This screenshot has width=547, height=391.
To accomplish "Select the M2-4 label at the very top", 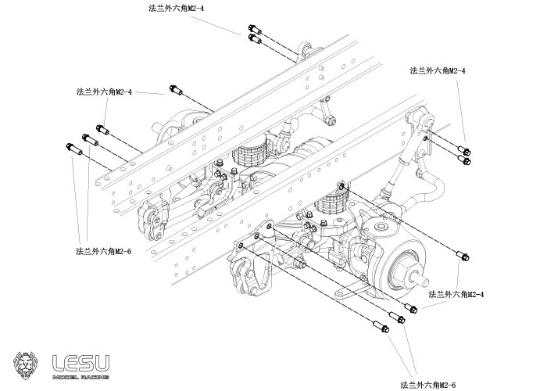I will [176, 8].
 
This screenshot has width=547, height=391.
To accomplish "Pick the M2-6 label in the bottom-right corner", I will [427, 384].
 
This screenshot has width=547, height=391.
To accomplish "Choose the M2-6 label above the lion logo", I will [103, 251].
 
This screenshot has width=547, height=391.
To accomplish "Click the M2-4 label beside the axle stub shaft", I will [457, 294].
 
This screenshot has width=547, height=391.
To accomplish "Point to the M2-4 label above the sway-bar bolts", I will [438, 70].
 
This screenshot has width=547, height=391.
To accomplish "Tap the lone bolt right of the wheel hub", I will [463, 256].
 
